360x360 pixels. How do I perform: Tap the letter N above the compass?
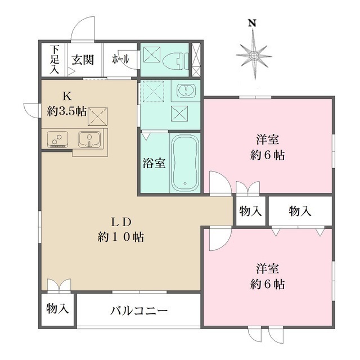[253, 23]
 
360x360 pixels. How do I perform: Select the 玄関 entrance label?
[82, 60]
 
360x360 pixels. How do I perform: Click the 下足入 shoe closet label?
[55, 60]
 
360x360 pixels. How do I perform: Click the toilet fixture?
[174, 58]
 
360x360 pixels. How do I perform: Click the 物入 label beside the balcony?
[57, 309]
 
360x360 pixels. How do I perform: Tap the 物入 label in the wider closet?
[300, 211]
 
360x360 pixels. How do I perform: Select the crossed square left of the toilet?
[151, 56]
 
